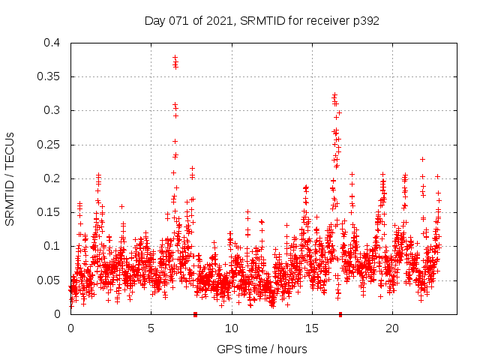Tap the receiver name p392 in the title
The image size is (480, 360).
tap(364, 21)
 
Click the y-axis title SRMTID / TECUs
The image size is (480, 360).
tap(10, 178)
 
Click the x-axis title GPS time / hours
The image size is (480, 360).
tap(262, 349)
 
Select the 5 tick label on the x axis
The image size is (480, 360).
tap(151, 328)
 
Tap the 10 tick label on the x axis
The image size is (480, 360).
tap(231, 328)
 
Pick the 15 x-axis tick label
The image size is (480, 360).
tap(311, 328)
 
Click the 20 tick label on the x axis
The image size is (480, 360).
tap(391, 328)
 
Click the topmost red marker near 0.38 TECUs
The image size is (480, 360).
tap(175, 57)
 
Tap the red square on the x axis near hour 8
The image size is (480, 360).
tap(195, 313)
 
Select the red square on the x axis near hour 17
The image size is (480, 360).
tap(340, 313)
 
